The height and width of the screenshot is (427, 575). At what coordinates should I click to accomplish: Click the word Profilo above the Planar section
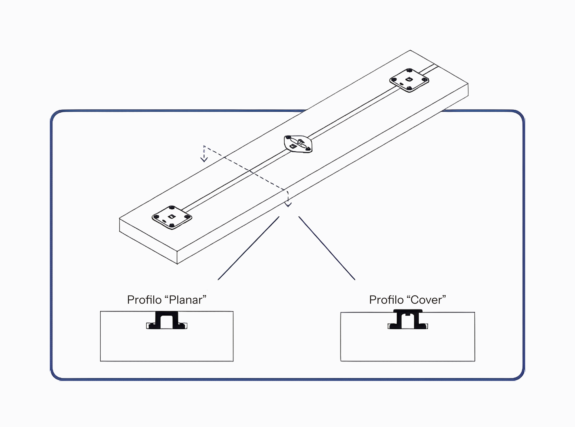tap(144, 300)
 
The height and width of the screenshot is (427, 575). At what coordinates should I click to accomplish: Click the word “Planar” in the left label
tap(185, 300)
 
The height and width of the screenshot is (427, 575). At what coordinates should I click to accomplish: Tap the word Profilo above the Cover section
tap(386, 300)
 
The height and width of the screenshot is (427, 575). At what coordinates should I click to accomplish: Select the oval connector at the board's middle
tap(298, 144)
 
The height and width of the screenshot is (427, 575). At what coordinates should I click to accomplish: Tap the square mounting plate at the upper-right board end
tap(409, 80)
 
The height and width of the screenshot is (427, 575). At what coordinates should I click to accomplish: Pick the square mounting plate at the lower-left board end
tap(172, 217)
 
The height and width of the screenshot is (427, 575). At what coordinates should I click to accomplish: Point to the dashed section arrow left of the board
tap(204, 154)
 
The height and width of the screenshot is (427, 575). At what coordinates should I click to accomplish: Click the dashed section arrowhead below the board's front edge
tap(288, 204)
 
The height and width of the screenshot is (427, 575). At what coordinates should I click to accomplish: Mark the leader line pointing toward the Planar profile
tap(248, 248)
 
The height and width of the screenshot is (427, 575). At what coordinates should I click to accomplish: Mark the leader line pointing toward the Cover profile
tap(327, 248)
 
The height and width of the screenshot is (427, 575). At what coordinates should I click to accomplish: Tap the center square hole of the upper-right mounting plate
tap(408, 79)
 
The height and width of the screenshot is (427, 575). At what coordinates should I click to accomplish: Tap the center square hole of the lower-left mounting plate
tap(171, 216)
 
